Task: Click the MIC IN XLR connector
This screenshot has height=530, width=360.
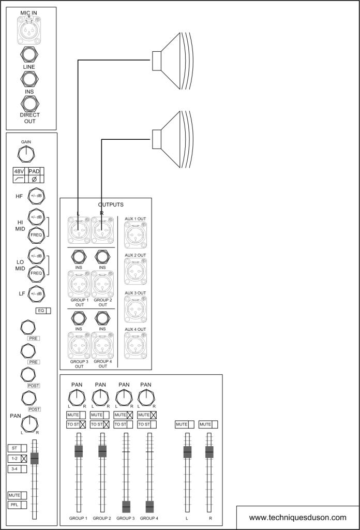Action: pos(31,31)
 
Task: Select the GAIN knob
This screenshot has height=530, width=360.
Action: pos(26,153)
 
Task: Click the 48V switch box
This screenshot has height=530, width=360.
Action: pos(19,171)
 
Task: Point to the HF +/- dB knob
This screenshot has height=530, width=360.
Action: pos(37,196)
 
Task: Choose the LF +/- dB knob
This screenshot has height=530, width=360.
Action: pos(37,293)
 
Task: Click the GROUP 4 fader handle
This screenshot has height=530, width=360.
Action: pos(149,507)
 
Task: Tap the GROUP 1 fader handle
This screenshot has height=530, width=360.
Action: pos(79,451)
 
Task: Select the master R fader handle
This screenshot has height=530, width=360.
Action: pos(209,452)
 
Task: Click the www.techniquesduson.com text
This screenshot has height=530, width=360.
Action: pos(297,517)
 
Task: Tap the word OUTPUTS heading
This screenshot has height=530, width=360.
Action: pos(107,205)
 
